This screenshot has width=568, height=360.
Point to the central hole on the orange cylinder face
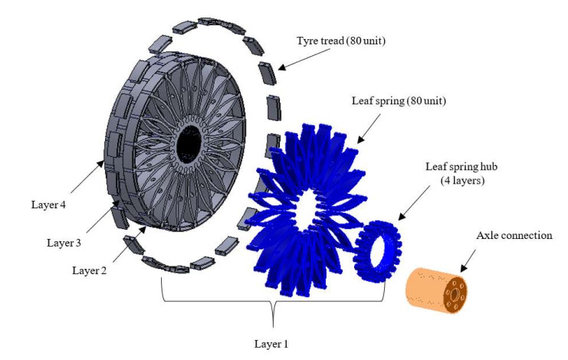pyautogui.click(x=457, y=291)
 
